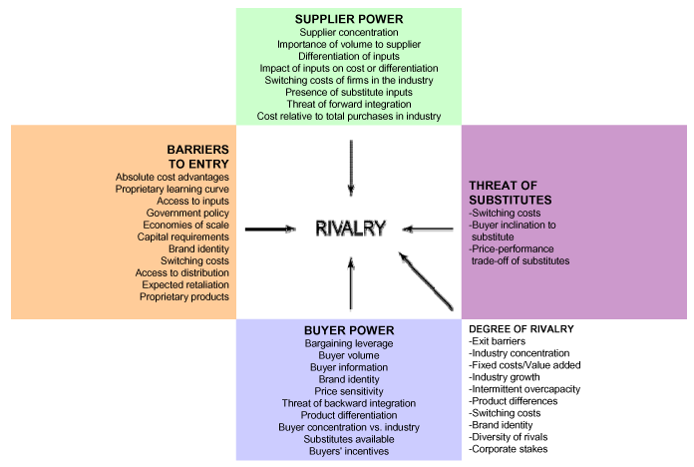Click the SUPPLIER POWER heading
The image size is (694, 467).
349,19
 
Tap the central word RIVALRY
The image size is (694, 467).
351,229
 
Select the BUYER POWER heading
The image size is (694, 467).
349,330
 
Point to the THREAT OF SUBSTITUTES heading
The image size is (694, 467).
511,193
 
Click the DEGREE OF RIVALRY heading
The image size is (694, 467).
521,329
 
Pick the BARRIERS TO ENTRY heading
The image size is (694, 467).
197,157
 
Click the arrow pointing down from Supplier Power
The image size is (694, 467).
351,168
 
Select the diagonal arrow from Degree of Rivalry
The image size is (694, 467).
426,281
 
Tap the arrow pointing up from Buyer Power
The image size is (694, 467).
351,283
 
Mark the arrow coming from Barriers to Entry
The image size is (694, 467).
270,230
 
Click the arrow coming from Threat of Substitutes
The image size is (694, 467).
428,230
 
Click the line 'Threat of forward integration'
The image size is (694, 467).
349,104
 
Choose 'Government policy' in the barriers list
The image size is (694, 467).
187,214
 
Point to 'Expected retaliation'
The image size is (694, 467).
185,285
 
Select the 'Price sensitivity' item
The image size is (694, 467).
349,392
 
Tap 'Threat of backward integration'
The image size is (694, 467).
349,404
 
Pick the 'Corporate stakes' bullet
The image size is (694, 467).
509,449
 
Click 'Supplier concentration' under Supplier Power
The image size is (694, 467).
349,32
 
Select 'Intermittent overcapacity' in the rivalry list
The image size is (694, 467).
524,389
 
